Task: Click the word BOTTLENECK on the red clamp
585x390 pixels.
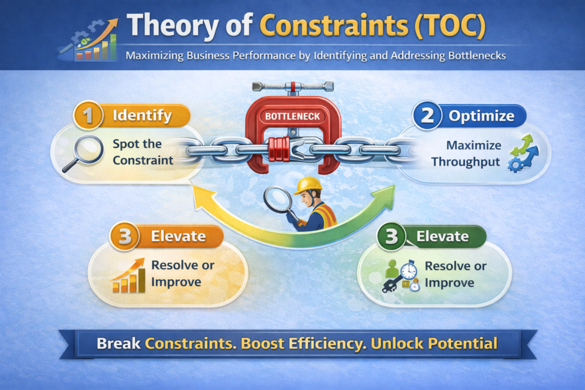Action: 292,116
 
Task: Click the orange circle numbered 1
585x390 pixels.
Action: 86,116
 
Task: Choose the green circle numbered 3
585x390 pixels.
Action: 391,237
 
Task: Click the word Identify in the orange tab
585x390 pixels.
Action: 142,115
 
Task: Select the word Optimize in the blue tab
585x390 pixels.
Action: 481,116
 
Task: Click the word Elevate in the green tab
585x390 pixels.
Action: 442,236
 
